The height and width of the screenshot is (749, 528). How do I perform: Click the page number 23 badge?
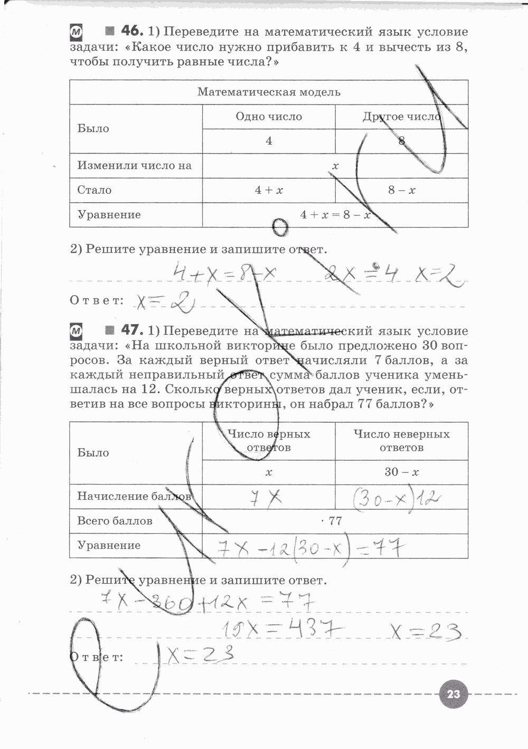click(454, 694)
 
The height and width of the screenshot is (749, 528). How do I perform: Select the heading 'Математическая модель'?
click(269, 92)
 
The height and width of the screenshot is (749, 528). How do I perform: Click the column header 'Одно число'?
click(269, 117)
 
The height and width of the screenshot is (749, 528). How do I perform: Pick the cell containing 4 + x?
click(269, 190)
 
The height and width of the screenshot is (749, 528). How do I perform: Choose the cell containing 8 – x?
click(401, 190)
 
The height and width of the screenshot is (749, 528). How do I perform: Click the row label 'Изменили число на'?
click(134, 166)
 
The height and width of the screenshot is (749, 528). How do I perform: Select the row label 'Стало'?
click(95, 190)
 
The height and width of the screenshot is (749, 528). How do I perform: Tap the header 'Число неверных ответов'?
click(401, 441)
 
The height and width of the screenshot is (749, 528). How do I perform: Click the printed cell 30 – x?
click(401, 472)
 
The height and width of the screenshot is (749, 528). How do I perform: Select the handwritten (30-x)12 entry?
click(395, 497)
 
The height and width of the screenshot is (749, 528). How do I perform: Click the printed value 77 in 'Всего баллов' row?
click(335, 521)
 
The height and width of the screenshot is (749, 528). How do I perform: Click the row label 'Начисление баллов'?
click(134, 496)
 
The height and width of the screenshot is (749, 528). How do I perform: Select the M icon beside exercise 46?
click(77, 32)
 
